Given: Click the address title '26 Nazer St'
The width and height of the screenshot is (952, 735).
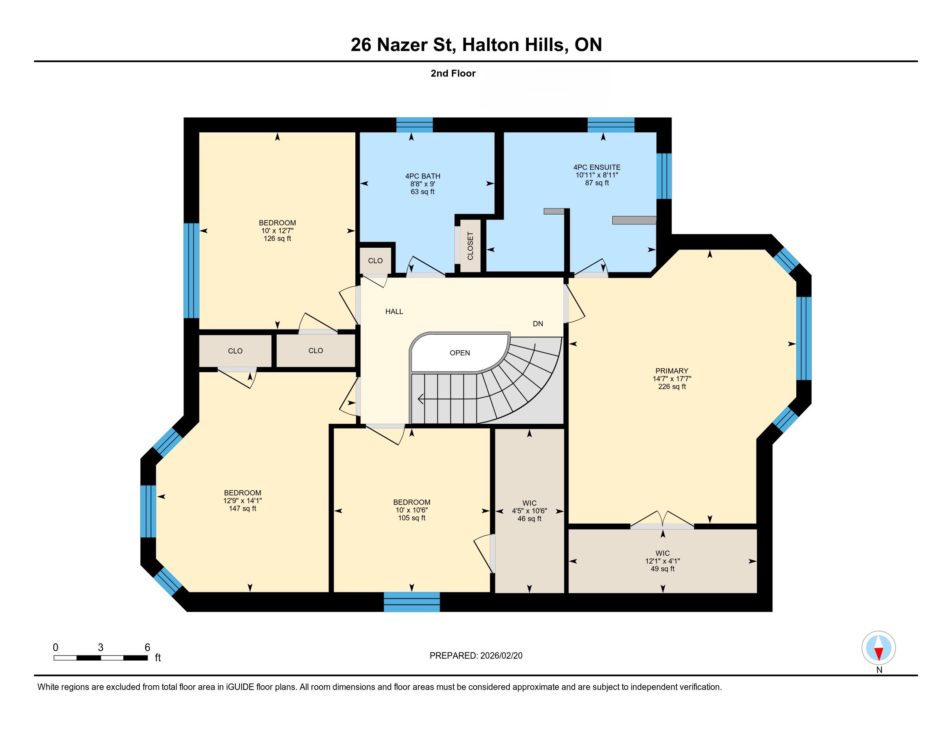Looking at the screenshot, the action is click(x=403, y=45).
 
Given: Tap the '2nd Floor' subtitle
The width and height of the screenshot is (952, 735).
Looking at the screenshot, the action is click(x=453, y=73).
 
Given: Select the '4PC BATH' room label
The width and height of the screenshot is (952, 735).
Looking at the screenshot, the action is click(x=422, y=176).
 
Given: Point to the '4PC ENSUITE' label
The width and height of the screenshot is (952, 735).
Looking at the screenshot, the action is click(x=597, y=167).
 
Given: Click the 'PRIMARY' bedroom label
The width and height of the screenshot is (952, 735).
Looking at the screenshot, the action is click(x=672, y=371).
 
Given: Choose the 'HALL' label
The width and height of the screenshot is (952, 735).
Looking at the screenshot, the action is click(x=394, y=311).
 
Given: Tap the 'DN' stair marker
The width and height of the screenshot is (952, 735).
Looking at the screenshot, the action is click(x=538, y=323).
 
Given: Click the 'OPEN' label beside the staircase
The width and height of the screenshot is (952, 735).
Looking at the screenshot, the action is click(x=460, y=353).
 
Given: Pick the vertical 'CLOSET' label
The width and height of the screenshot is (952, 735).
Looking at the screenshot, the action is click(x=470, y=246).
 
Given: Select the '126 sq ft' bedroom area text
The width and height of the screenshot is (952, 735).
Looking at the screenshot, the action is click(x=277, y=239).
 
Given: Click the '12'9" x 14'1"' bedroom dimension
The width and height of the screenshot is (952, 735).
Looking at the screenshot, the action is click(x=242, y=501).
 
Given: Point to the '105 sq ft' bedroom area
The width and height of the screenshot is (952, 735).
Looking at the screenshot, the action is click(x=412, y=518).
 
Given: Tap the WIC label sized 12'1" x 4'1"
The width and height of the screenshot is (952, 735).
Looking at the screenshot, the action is click(x=663, y=553).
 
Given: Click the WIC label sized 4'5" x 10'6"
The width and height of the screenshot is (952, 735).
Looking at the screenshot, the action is click(x=529, y=503).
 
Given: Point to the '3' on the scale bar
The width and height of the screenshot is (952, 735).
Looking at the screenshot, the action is click(x=101, y=648).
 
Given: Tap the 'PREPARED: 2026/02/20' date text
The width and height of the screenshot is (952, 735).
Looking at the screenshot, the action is click(x=476, y=656).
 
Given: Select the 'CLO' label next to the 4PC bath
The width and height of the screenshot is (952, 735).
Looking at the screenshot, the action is click(x=375, y=261).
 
